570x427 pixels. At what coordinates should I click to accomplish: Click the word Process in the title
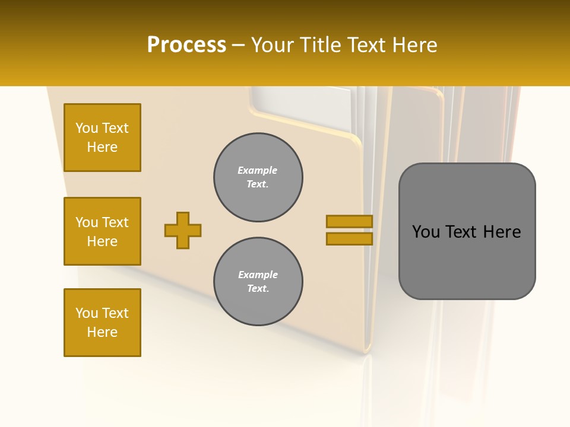pos(186,45)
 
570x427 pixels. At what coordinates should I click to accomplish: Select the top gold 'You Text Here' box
pos(102,138)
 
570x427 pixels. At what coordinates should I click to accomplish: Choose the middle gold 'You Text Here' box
pos(102,231)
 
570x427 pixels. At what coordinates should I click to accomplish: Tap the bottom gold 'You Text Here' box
pos(102,323)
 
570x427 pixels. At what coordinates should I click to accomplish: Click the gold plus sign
pos(183,230)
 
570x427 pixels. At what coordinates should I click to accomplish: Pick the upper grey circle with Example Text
pos(258,177)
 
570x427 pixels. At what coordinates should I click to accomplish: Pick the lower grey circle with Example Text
pos(258,282)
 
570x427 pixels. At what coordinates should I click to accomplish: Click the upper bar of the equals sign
pos(349,221)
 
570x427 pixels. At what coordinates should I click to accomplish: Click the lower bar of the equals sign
pos(349,238)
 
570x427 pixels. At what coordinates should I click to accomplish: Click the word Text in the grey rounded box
pos(463,232)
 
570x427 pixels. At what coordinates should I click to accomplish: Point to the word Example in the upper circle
pos(258,170)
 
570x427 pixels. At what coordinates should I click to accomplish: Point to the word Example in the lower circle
pos(258,275)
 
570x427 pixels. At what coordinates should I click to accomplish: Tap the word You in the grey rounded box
pos(426,232)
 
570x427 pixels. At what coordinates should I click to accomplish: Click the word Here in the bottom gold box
pos(102,332)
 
